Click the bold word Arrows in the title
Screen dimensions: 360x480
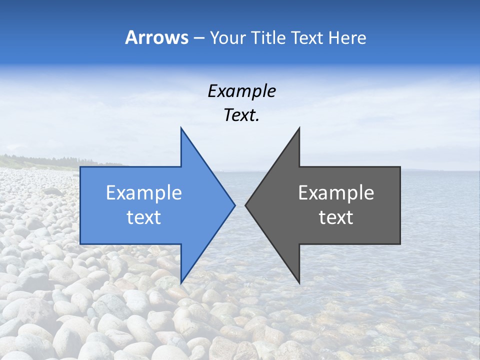156,37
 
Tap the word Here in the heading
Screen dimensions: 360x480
346,37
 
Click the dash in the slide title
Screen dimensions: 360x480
198,38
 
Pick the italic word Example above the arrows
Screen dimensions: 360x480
241,91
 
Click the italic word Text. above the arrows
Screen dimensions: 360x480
241,115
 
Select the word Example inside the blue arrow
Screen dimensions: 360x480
144,193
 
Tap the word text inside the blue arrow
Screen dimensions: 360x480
144,217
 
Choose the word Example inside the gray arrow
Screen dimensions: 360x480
336,193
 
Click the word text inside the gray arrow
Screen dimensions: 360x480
336,217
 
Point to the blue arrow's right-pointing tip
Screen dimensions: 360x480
234,205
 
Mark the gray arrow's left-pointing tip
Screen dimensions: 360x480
245,205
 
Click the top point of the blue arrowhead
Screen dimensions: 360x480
181,128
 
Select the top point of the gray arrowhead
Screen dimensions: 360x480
299,128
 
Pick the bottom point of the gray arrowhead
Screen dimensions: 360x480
299,283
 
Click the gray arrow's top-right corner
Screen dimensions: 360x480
400,167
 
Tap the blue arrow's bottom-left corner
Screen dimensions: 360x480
80,244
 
